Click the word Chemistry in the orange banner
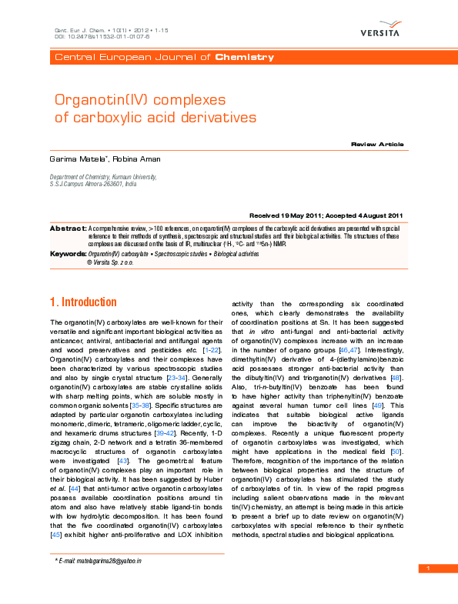click(244, 58)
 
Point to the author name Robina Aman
click(137, 159)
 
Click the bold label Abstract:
click(68, 229)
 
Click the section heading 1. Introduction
click(83, 302)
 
